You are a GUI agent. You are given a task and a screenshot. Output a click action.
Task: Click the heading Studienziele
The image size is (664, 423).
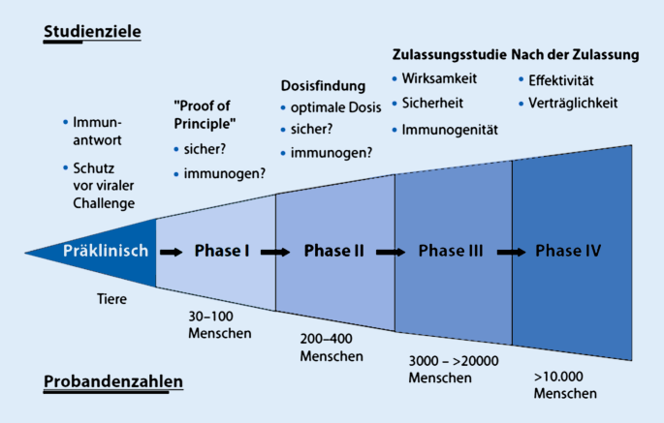pos(92,32)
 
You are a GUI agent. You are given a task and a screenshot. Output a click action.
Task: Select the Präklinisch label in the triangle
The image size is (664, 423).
pos(106,251)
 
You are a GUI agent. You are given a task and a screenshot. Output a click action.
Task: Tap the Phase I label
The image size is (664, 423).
pos(222,252)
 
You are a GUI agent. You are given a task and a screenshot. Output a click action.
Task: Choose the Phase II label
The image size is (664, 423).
pos(333,252)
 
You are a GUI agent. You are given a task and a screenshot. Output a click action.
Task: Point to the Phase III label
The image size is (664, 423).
pos(451,252)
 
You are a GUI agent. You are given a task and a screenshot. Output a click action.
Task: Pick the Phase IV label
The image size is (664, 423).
pos(568,251)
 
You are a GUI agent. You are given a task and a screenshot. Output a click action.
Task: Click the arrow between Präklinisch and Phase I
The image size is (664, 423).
pos(171,252)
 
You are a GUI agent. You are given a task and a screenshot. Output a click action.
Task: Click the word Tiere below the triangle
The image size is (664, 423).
pos(111,299)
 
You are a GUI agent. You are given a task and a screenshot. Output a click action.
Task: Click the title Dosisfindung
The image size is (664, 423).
pos(323,85)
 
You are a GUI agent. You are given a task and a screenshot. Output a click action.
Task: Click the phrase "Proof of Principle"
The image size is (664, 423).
pos(205,114)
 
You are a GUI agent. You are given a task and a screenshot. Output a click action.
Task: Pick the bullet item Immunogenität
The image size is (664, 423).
pos(449,129)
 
